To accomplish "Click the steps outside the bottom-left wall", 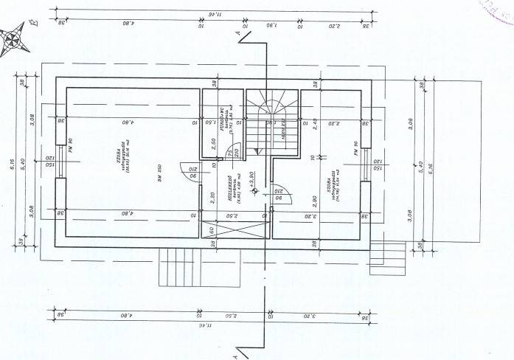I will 179,267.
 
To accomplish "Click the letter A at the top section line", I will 238,33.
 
